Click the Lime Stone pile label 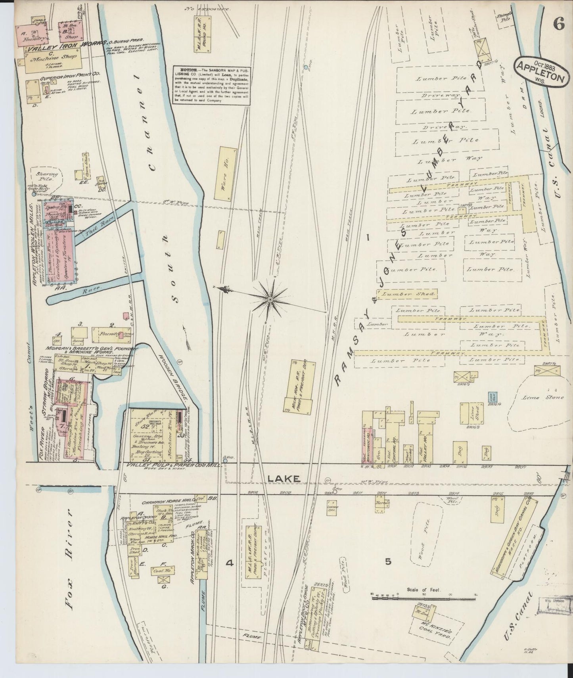pos(538,397)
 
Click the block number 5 pos(388,561)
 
